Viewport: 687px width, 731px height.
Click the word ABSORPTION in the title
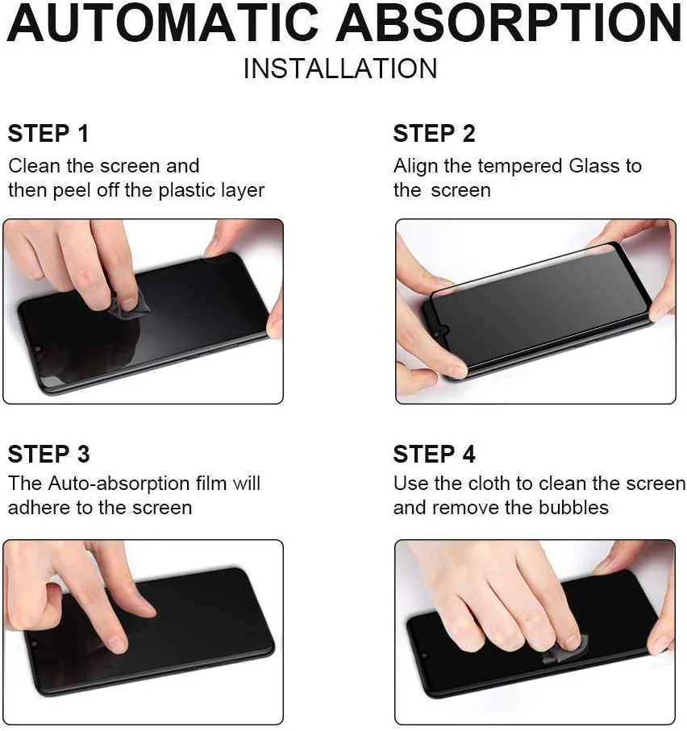[510, 24]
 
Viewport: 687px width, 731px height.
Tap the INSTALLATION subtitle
[339, 69]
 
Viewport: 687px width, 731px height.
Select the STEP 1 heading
[48, 134]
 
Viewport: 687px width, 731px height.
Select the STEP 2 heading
[434, 134]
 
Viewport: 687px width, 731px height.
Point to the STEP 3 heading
[48, 455]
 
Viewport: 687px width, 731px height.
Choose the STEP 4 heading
[434, 455]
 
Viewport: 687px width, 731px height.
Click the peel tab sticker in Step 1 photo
[126, 307]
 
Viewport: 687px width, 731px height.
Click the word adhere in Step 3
[36, 508]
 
